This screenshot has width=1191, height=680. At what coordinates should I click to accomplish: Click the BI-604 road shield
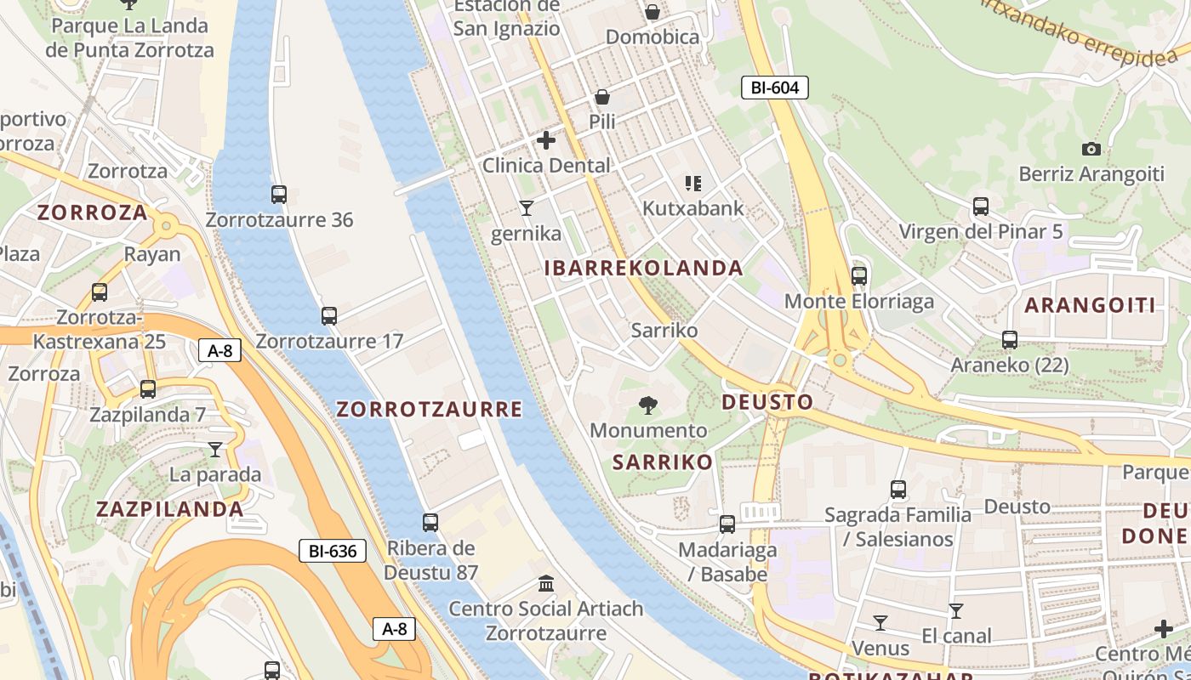point(774,87)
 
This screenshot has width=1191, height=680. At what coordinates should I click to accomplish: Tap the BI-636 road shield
point(333,551)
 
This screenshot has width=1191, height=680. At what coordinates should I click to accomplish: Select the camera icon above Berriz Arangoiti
point(1091,150)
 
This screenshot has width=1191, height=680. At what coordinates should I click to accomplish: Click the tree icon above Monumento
point(648,405)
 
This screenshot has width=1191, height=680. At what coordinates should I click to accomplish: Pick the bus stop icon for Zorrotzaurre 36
point(279,195)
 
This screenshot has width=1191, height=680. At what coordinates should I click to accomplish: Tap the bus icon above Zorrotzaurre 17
point(329,316)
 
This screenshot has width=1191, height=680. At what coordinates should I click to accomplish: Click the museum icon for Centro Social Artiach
point(546,584)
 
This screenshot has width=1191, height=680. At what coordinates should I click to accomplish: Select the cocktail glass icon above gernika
point(527,207)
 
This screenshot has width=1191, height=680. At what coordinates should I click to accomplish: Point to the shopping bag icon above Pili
point(602,97)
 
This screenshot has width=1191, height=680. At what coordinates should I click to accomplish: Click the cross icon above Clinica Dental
point(546,140)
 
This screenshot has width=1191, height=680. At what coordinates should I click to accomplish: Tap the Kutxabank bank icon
point(693,184)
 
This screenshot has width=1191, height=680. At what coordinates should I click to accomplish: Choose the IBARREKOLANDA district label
point(644,269)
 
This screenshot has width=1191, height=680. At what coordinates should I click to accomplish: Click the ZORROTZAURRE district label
point(429,410)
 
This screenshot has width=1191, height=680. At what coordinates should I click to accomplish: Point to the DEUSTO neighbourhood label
point(767,402)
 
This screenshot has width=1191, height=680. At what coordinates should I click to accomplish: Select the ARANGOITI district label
point(1090,306)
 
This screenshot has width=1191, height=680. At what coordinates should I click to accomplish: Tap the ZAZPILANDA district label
point(170,509)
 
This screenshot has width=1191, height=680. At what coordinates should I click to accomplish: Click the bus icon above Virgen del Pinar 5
point(981,207)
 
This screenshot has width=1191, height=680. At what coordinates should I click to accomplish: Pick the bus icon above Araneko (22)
point(1010,340)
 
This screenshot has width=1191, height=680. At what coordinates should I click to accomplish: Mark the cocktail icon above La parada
point(214,450)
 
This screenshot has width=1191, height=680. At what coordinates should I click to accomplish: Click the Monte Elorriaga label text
point(859,302)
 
